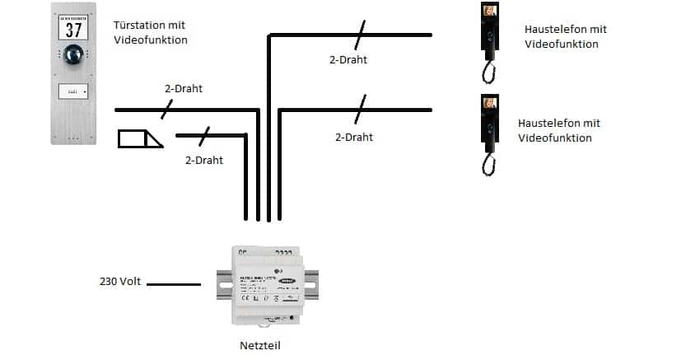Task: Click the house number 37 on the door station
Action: tap(74, 29)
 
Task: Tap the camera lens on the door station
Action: tap(74, 55)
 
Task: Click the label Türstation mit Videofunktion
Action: tap(150, 32)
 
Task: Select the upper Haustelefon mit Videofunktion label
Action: tap(565, 36)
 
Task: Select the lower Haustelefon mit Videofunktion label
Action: tap(558, 130)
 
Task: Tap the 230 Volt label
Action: tap(120, 282)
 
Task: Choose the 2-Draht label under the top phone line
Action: tap(348, 59)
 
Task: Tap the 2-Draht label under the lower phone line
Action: tap(354, 137)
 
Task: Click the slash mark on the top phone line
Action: tap(359, 35)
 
